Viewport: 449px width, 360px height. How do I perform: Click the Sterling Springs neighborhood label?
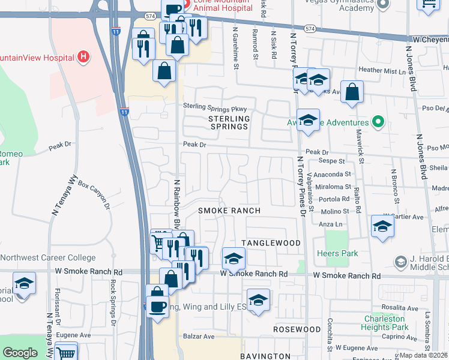[x=228, y=123]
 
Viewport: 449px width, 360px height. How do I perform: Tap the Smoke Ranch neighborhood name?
[x=229, y=211]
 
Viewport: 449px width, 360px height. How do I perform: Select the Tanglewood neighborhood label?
[x=271, y=242]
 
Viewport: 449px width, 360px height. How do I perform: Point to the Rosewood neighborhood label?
[x=297, y=329]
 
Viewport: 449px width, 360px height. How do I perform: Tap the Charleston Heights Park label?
[x=385, y=323]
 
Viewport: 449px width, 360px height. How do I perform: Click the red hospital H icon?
[x=83, y=58]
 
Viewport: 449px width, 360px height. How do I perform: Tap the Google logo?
[x=20, y=353]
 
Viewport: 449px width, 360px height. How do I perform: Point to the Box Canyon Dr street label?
[x=95, y=194]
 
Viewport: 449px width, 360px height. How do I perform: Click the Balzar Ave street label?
[x=200, y=337]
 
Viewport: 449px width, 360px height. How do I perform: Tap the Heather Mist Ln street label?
[x=382, y=70]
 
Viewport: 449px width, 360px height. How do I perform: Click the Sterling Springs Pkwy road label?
[x=215, y=107]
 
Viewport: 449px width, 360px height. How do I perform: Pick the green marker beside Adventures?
[x=378, y=122]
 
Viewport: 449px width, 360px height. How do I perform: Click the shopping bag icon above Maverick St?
[x=352, y=92]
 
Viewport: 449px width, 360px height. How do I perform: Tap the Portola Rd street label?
[x=335, y=199]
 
